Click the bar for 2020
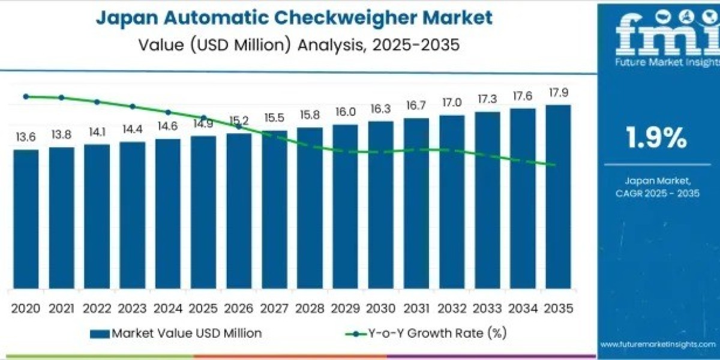point(26,219)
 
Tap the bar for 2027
point(274,209)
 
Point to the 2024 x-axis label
point(167,308)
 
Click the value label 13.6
point(26,137)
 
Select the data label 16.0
point(345,112)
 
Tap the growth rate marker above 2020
point(26,96)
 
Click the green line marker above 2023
point(132,106)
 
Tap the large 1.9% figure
point(656,139)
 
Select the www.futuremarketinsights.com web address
point(656,344)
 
